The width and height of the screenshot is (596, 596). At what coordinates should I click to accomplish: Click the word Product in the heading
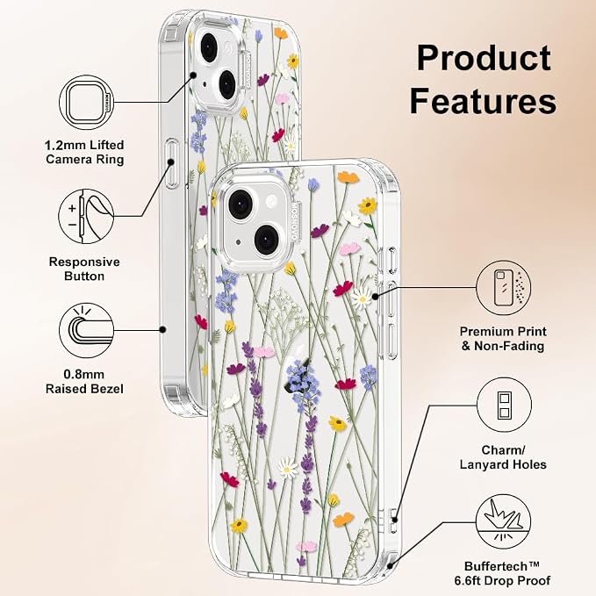pos(484,58)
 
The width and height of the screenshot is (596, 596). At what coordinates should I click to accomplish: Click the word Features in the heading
pos(483,101)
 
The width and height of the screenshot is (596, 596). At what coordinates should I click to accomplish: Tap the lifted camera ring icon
pos(87,103)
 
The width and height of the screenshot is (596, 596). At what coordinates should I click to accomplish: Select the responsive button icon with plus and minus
pos(86,217)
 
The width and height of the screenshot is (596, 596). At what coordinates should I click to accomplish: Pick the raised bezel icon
pos(87,330)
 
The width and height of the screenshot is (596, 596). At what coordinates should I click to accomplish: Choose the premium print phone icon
pos(504,288)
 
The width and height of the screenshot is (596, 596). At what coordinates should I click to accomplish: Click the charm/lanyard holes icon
pos(504,405)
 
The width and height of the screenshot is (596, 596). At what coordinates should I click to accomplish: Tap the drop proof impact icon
pos(504,522)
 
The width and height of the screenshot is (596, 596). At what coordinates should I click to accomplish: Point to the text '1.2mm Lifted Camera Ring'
pos(84,152)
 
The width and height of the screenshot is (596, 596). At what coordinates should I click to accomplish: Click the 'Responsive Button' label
pos(84,269)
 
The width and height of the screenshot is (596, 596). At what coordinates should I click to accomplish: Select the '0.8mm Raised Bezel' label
pos(84,382)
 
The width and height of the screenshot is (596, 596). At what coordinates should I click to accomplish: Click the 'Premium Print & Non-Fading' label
pos(503,339)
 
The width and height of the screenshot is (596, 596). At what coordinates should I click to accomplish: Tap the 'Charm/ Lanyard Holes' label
pos(503,457)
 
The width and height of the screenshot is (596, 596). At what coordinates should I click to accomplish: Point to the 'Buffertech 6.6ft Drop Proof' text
pos(502,573)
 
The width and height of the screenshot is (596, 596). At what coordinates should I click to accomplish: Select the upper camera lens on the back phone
pos(208,47)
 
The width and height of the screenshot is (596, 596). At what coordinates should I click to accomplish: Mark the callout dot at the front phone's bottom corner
pos(389,566)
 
